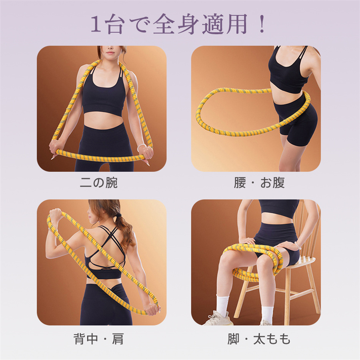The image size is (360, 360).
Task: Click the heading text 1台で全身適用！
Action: pyautogui.click(x=178, y=24)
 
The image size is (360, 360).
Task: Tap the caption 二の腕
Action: pyautogui.click(x=99, y=183)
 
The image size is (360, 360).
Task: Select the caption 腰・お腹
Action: pyautogui.click(x=259, y=183)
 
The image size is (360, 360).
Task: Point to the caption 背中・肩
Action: pyautogui.click(x=99, y=339)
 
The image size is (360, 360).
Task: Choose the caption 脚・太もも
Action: pyautogui.click(x=259, y=339)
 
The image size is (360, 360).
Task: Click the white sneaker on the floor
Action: pyautogui.click(x=217, y=318)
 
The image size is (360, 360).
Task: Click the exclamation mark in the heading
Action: pyautogui.click(x=262, y=24)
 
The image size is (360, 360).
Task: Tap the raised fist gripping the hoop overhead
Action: pyautogui.click(x=55, y=215)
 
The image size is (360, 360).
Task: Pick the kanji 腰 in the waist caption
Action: pyautogui.click(x=240, y=183)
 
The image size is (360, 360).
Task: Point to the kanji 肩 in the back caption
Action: pyautogui.click(x=118, y=339)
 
